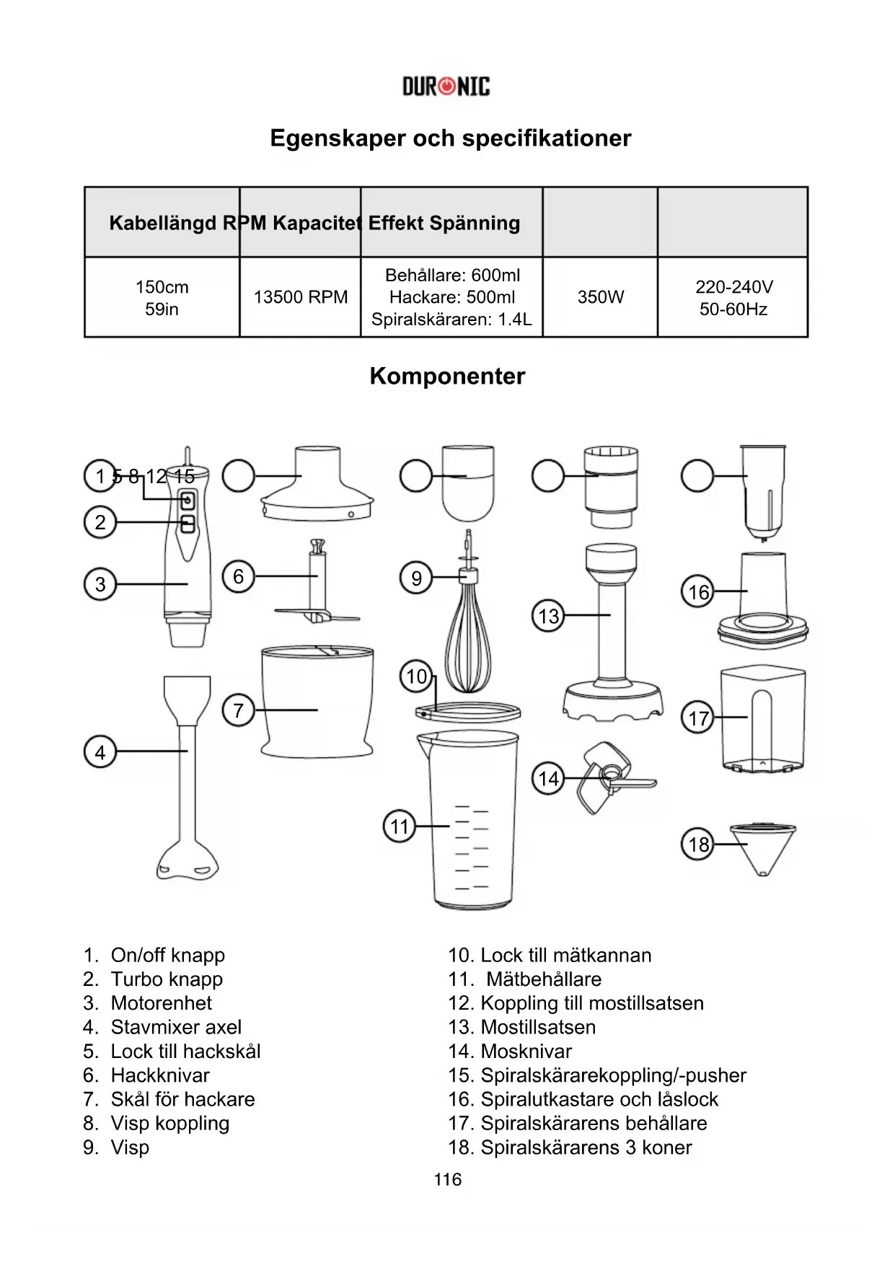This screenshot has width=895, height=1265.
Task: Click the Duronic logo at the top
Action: (446, 87)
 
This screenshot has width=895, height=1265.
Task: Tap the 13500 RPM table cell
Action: (300, 297)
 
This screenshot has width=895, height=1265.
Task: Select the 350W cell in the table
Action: (600, 297)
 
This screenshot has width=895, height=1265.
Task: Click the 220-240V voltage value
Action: (733, 287)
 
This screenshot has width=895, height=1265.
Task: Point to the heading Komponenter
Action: (447, 376)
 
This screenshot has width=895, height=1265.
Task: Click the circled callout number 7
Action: (239, 710)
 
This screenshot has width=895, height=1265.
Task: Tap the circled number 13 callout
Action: (549, 617)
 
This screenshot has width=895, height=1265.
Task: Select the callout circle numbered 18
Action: (698, 845)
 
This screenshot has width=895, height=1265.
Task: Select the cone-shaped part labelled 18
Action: (762, 847)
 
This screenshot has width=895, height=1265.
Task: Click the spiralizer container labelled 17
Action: (763, 721)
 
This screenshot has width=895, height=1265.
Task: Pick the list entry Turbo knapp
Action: (167, 979)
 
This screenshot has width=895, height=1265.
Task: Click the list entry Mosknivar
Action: (526, 1052)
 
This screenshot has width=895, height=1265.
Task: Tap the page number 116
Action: (447, 1180)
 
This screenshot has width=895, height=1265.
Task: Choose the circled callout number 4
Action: (100, 753)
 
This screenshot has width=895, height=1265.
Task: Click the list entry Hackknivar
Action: (159, 1075)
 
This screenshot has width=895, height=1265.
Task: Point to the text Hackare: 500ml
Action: (452, 297)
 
